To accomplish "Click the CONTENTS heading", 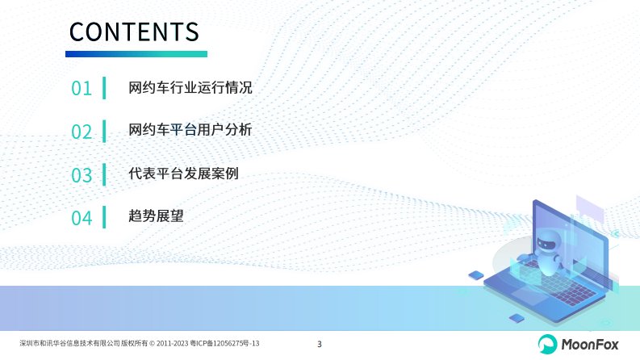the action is click(134, 31).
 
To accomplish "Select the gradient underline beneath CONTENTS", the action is click(136, 54).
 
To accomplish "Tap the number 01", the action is click(82, 88).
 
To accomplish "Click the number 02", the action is click(82, 132).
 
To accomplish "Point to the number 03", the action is click(82, 175).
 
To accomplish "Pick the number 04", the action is click(82, 218).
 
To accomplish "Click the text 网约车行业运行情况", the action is click(190, 88).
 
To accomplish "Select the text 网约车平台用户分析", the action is click(190, 130).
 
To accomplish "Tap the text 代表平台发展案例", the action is click(183, 174).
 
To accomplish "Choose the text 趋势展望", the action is click(156, 216).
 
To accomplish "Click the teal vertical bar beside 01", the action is click(104, 88).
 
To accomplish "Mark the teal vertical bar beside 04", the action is click(104, 217).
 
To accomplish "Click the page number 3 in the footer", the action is click(320, 344).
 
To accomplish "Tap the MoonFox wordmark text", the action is click(590, 345).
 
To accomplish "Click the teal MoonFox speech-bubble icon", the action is click(547, 344).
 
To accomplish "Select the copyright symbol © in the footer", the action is click(152, 344).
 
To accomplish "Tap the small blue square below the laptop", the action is click(517, 318).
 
